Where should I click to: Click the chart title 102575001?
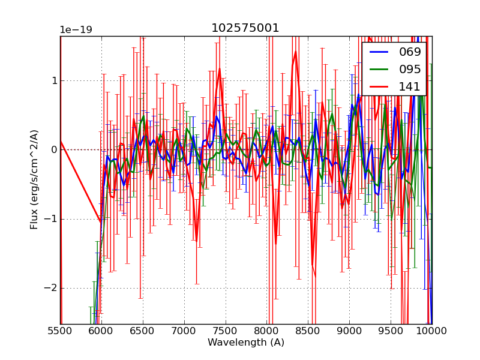[245, 28]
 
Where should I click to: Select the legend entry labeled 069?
[410, 52]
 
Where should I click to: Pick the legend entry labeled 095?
[410, 69]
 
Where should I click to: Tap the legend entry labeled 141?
[410, 86]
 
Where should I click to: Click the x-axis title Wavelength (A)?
[246, 343]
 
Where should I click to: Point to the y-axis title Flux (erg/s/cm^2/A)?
[34, 179]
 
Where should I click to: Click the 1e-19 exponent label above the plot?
[76, 30]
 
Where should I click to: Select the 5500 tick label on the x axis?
[60, 331]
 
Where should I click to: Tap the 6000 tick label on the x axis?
[101, 331]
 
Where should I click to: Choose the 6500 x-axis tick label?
[143, 331]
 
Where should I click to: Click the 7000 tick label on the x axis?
[184, 331]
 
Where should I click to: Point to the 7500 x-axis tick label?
[225, 331]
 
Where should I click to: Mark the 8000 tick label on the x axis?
[266, 331]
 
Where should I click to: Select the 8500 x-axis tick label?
[308, 331]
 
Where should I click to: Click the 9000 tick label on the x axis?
[349, 331]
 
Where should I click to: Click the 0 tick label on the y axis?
[53, 150]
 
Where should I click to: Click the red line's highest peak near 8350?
[295, 52]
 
